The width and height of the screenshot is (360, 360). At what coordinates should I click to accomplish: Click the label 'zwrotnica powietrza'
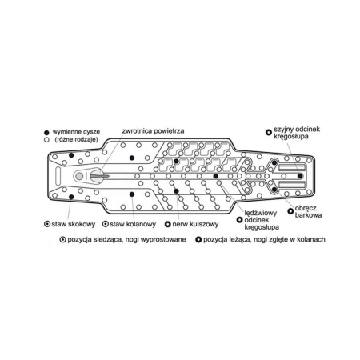click(x=153, y=131)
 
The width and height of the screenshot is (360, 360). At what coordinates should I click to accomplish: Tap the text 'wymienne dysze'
click(x=76, y=132)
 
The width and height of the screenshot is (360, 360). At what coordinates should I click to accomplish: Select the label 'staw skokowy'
click(x=74, y=224)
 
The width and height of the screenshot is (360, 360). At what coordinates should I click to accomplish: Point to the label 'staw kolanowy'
click(x=133, y=224)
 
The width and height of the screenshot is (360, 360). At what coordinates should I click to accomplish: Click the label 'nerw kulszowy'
click(x=195, y=224)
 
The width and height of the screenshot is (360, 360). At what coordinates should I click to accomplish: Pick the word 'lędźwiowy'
click(x=261, y=213)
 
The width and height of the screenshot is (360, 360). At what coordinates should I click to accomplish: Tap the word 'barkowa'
click(x=308, y=215)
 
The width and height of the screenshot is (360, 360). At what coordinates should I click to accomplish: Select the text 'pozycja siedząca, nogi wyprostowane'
click(x=126, y=239)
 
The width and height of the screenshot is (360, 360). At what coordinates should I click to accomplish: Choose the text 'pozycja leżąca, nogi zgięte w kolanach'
click(x=264, y=239)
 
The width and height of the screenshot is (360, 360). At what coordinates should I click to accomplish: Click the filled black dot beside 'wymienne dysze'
click(x=46, y=132)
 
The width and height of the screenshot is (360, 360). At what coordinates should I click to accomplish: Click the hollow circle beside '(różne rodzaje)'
click(x=46, y=139)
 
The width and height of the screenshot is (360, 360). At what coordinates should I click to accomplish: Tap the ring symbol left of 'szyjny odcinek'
click(x=269, y=132)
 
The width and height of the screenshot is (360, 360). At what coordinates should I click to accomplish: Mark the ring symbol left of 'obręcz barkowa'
click(x=290, y=211)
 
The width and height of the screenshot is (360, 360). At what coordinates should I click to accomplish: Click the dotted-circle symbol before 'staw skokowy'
click(x=47, y=224)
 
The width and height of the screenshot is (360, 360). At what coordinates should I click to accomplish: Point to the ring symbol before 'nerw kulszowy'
click(x=167, y=224)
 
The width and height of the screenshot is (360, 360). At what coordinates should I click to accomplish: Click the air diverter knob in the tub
click(x=97, y=176)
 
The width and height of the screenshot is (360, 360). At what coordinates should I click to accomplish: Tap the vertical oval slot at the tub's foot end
click(x=58, y=176)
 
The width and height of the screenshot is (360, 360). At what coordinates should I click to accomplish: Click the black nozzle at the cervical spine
click(x=300, y=176)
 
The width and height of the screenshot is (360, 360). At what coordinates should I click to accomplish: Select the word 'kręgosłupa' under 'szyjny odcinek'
click(x=291, y=137)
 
